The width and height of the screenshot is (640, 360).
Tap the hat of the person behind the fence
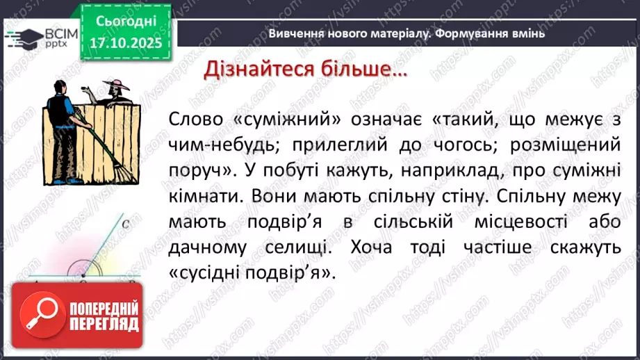coord(113,85)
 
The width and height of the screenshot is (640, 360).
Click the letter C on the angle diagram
coord(126,224)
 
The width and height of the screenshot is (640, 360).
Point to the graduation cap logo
coord(23,36)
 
